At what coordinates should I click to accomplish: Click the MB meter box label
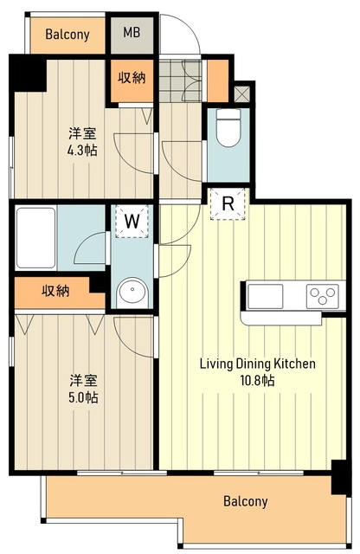point(132,33)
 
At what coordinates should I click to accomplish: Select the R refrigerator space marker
point(228,204)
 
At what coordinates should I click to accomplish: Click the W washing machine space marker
point(132,222)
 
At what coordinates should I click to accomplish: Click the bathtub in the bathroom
point(35,238)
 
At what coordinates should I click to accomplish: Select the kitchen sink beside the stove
point(266,296)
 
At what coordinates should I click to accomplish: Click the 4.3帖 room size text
point(83,151)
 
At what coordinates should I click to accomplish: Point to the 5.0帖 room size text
point(83,398)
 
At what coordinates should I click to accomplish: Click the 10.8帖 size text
point(257,381)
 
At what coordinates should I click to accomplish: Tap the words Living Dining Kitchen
point(258,364)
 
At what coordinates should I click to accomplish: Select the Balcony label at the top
point(67,35)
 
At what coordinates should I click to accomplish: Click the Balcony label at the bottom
point(246,501)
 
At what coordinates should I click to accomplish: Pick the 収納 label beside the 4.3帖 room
point(132,77)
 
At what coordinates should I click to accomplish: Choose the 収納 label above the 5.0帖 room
point(56,291)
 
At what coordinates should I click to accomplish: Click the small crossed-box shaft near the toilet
point(242,94)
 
